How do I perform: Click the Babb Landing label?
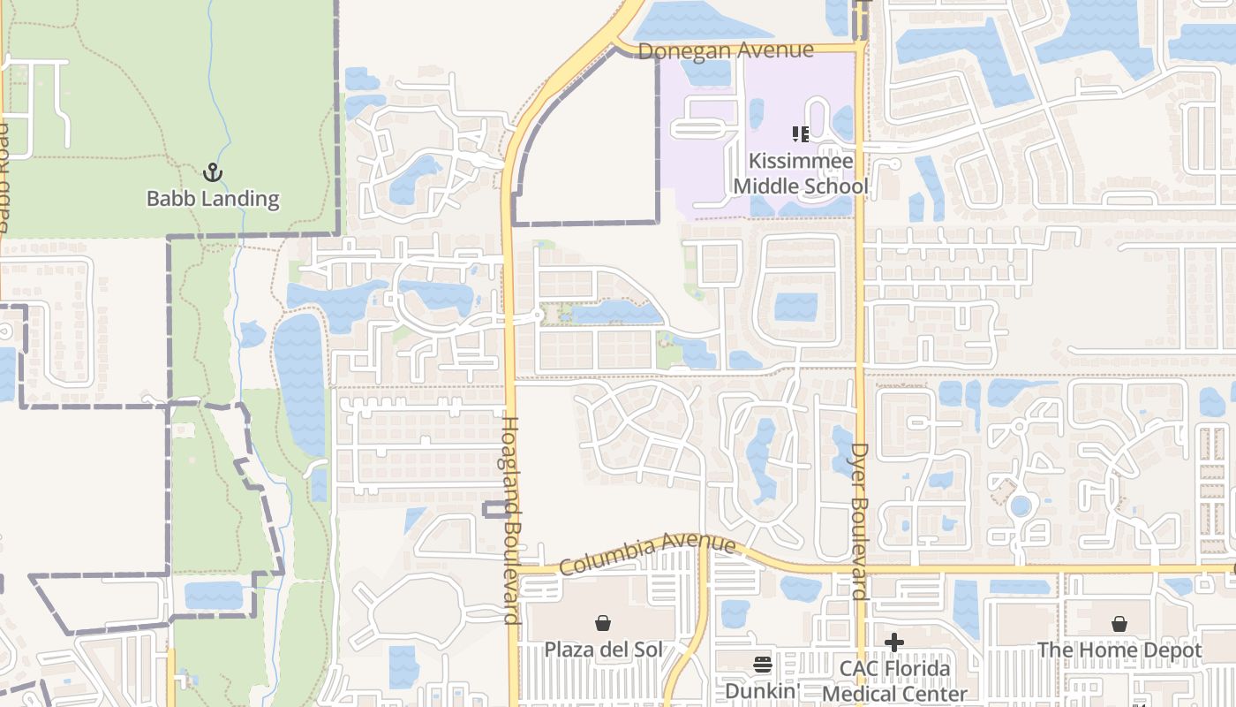point(213,199)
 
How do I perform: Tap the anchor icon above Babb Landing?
point(212,171)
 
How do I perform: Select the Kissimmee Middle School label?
point(801,174)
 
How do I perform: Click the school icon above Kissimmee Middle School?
point(801,134)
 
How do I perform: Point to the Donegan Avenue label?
point(725,50)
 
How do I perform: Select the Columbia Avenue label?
point(647,553)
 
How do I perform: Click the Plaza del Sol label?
point(603,650)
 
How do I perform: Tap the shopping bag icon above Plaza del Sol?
point(603,624)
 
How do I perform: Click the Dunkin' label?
point(763,690)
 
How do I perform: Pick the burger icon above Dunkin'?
point(763,665)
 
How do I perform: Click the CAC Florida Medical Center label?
point(894,681)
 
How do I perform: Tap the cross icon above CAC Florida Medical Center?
point(894,642)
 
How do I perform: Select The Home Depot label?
point(1119,650)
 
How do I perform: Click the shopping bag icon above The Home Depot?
point(1119,624)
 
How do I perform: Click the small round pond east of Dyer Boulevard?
point(1021,506)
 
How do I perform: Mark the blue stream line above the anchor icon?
point(220,88)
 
